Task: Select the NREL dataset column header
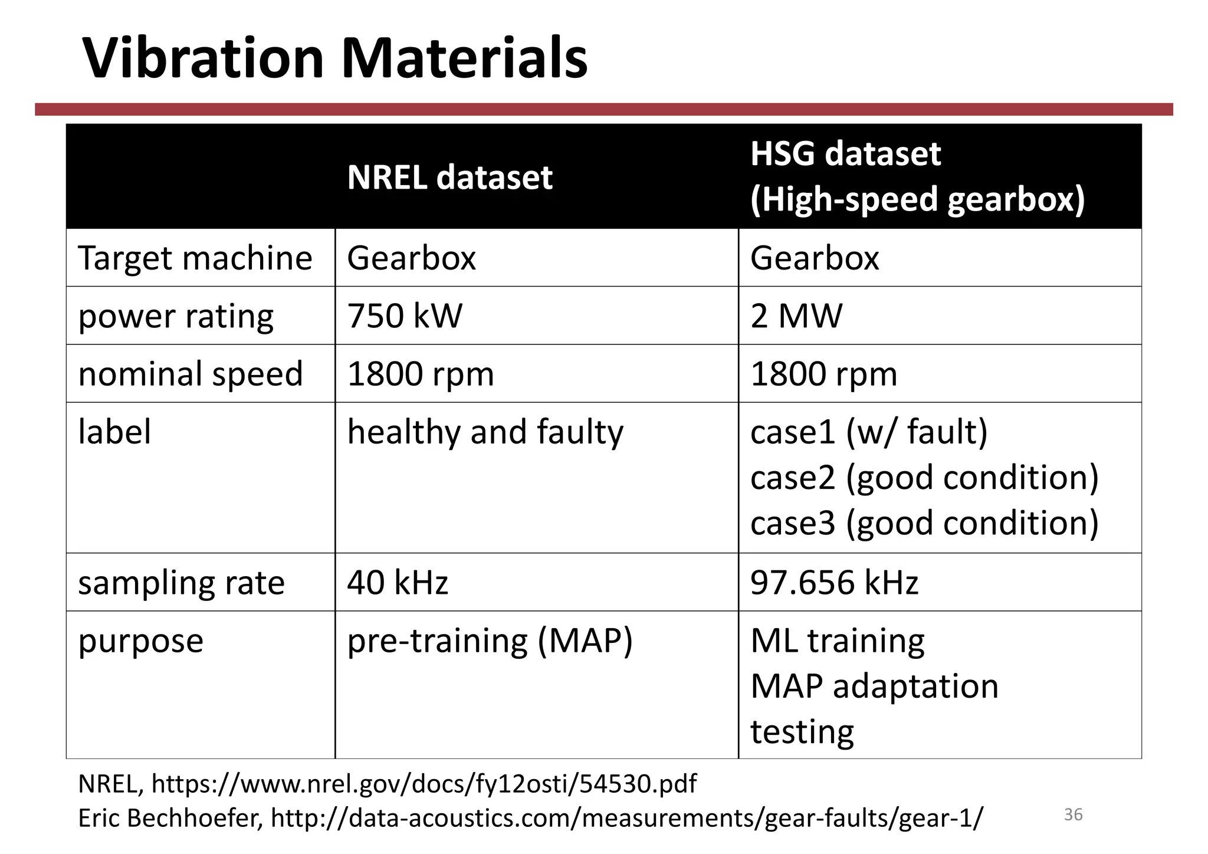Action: (449, 177)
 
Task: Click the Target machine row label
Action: (195, 258)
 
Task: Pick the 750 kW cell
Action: (405, 316)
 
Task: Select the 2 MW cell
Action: (796, 316)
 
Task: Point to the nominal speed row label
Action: (191, 374)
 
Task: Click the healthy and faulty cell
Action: (485, 432)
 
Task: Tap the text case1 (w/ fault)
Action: (869, 432)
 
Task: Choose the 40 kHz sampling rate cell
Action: (398, 582)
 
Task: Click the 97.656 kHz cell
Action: (834, 582)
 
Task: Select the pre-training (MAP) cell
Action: (490, 640)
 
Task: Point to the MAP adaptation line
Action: (874, 686)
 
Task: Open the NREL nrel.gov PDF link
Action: (424, 784)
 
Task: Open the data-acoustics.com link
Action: (626, 818)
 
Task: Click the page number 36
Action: (1073, 814)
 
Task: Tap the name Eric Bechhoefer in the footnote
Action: (170, 818)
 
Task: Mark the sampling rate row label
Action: (181, 583)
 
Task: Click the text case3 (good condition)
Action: (924, 523)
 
